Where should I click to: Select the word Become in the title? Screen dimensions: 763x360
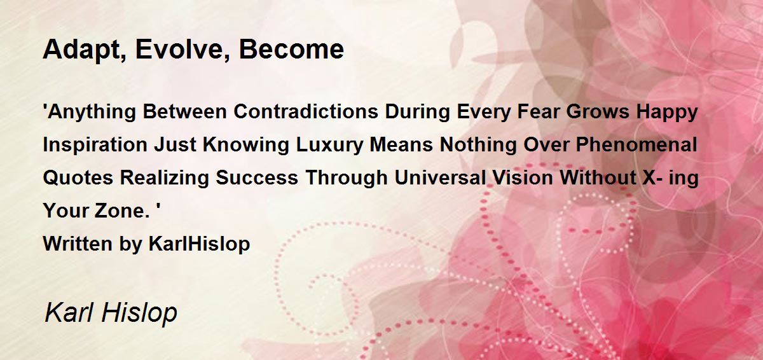click(292, 50)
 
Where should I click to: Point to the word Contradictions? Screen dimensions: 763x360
click(306, 111)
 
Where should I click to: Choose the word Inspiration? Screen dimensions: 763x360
click(95, 146)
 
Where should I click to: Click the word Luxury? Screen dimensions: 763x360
click(330, 146)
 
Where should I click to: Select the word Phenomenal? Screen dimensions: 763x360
click(636, 144)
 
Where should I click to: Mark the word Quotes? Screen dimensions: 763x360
click(78, 178)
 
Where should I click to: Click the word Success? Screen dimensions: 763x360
click(257, 177)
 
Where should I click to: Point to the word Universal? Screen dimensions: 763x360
click(441, 177)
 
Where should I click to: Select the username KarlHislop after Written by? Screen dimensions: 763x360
click(199, 244)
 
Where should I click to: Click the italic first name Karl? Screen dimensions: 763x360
click(69, 312)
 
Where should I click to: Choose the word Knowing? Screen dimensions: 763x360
click(246, 146)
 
